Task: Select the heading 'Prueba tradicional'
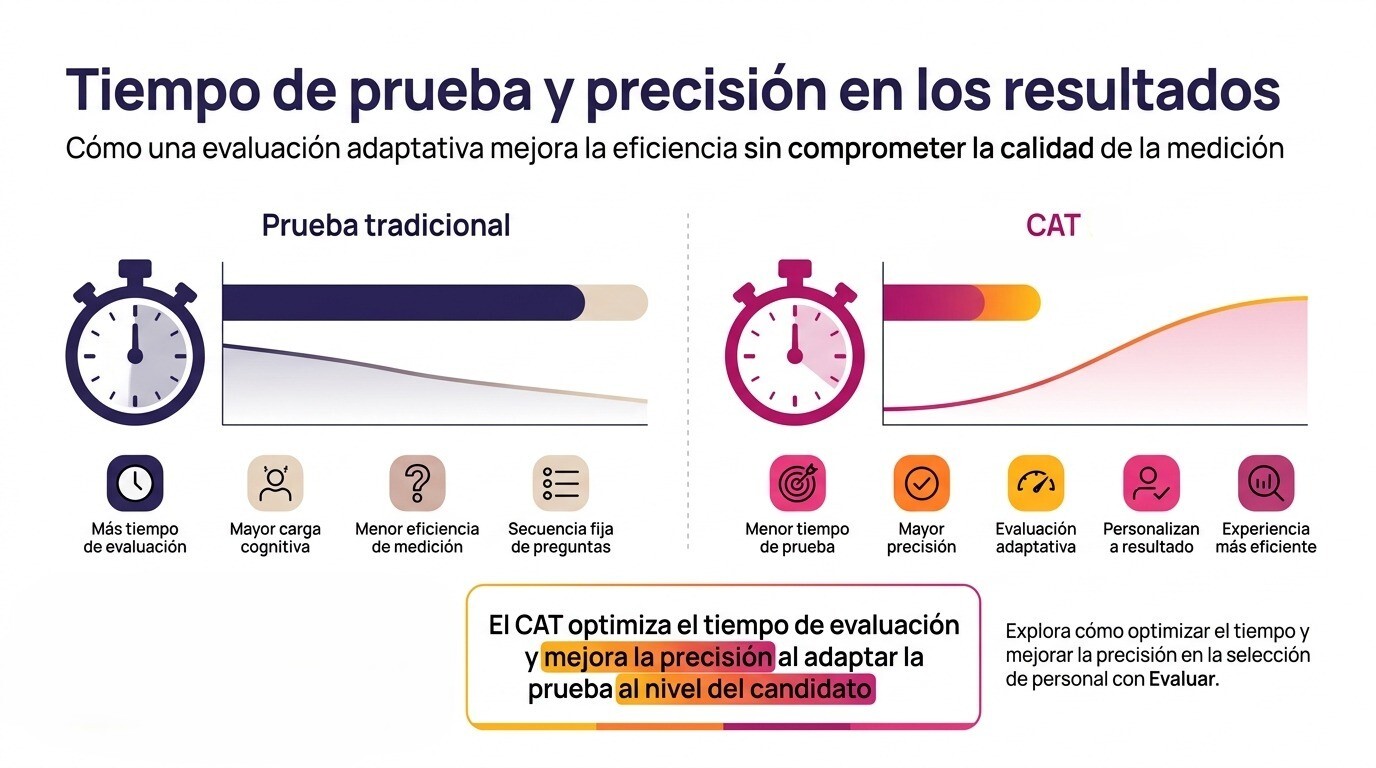pyautogui.click(x=386, y=225)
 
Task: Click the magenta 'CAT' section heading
pyautogui.click(x=1053, y=225)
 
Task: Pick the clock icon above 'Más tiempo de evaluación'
pyautogui.click(x=135, y=483)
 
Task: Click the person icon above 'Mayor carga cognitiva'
pyautogui.click(x=275, y=483)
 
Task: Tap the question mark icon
pyautogui.click(x=417, y=483)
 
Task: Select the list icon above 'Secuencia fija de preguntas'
pyautogui.click(x=561, y=483)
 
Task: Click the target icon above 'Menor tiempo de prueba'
pyautogui.click(x=797, y=483)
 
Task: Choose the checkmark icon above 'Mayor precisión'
pyautogui.click(x=921, y=483)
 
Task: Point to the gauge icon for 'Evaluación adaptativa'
pyautogui.click(x=1036, y=483)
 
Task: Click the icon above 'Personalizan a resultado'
pyautogui.click(x=1151, y=483)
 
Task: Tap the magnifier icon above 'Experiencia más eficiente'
pyautogui.click(x=1266, y=483)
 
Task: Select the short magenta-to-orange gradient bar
pyautogui.click(x=960, y=302)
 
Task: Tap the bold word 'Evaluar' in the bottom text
pyautogui.click(x=1183, y=679)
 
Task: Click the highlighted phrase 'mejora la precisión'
pyautogui.click(x=657, y=658)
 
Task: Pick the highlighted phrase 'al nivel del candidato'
pyautogui.click(x=745, y=690)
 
